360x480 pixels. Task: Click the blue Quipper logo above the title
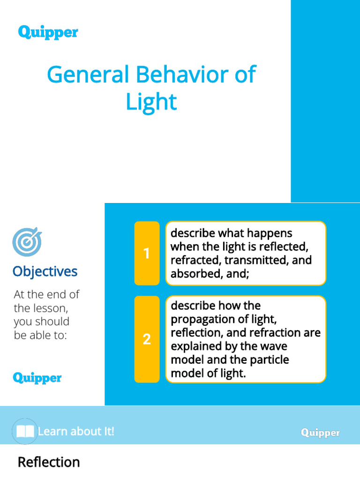click(x=48, y=32)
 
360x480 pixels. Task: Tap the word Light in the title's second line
click(x=151, y=102)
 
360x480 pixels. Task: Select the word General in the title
click(x=88, y=75)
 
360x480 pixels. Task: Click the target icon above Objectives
click(x=27, y=242)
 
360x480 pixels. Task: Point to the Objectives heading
click(x=45, y=271)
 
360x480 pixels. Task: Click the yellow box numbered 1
click(x=147, y=254)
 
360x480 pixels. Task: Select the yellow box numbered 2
click(x=147, y=339)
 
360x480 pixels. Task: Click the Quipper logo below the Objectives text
click(x=37, y=378)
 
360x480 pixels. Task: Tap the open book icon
click(x=24, y=432)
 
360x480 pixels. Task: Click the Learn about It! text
click(x=76, y=431)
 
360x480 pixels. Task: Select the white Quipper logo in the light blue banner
click(x=321, y=433)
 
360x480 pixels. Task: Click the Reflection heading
click(x=49, y=462)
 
